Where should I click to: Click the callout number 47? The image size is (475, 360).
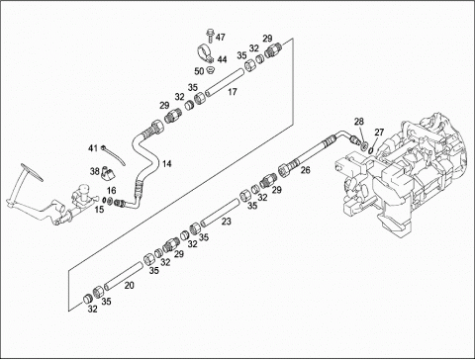pyautogui.click(x=220, y=37)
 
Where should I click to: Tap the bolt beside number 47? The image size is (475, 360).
pyautogui.click(x=210, y=36)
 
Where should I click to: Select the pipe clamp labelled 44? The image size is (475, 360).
pyautogui.click(x=206, y=53)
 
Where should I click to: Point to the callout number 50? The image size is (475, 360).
pyautogui.click(x=199, y=71)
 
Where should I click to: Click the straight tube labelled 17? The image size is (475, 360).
pyautogui.click(x=225, y=81)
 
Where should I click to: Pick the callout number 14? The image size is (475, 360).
pyautogui.click(x=167, y=163)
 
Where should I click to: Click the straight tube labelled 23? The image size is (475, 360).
pyautogui.click(x=220, y=214)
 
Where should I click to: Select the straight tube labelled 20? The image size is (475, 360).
pyautogui.click(x=123, y=276)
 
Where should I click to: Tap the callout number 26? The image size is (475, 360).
pyautogui.click(x=306, y=170)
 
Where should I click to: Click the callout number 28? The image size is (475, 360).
pyautogui.click(x=359, y=122)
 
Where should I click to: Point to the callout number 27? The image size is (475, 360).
pyautogui.click(x=379, y=133)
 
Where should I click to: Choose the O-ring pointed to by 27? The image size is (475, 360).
pyautogui.click(x=371, y=150)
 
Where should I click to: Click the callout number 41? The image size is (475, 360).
pyautogui.click(x=93, y=148)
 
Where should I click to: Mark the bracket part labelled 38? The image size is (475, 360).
pyautogui.click(x=107, y=173)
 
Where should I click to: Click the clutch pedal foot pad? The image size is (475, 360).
pyautogui.click(x=32, y=172)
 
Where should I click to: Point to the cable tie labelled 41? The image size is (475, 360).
pyautogui.click(x=114, y=155)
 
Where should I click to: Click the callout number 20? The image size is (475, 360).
pyautogui.click(x=129, y=285)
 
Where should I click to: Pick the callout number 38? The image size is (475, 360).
pyautogui.click(x=95, y=171)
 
